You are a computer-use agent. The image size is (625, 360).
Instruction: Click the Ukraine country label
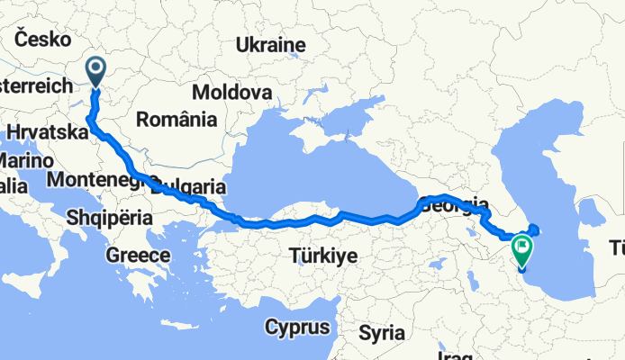click(x=270, y=45)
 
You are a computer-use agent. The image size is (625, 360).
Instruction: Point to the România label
click(x=177, y=119)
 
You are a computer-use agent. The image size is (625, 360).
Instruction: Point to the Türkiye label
click(x=322, y=256)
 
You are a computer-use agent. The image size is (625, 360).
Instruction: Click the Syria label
click(x=382, y=332)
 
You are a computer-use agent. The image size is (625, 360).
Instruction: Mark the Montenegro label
click(x=95, y=180)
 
